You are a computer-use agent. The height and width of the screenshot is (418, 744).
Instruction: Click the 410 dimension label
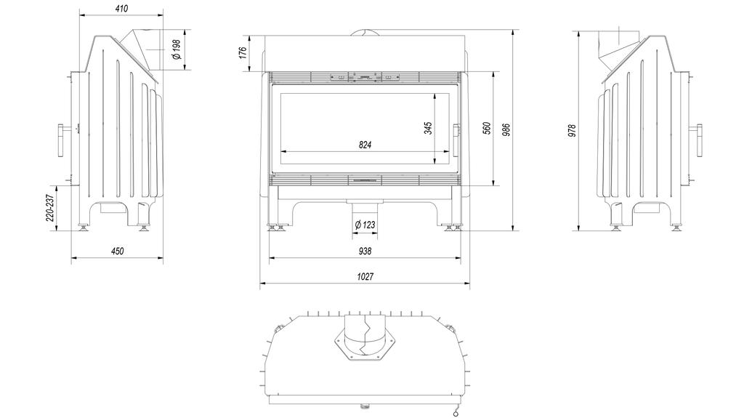[121, 9]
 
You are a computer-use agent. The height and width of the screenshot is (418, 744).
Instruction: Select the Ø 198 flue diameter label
[175, 49]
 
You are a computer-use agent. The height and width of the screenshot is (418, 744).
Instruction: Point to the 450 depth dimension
[117, 251]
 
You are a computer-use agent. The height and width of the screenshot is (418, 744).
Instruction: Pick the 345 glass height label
[428, 128]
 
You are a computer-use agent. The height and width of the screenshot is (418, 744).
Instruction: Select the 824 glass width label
[365, 145]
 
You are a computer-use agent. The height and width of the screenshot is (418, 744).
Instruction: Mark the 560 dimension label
[487, 128]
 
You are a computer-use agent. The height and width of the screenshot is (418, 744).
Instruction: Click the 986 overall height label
[506, 129]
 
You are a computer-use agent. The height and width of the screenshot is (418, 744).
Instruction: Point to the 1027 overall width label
[365, 277]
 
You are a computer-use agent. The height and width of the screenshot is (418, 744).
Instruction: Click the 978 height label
[572, 131]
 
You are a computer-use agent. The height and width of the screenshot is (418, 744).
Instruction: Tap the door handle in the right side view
[700, 139]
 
